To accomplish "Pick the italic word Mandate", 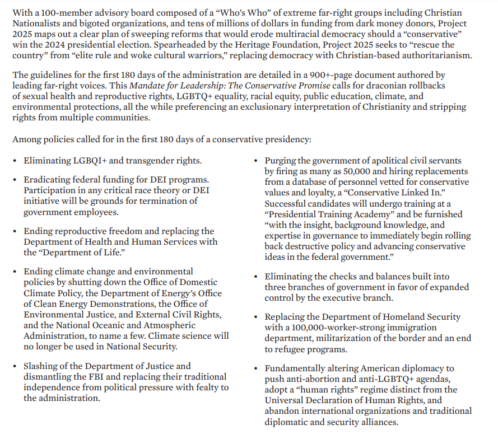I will (x=147, y=86).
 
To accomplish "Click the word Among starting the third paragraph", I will (x=26, y=139).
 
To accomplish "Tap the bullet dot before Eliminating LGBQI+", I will (x=15, y=161).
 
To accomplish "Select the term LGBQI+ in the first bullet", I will (x=89, y=161).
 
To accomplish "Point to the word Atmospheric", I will (x=166, y=325).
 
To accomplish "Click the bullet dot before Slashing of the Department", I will (x=15, y=367).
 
